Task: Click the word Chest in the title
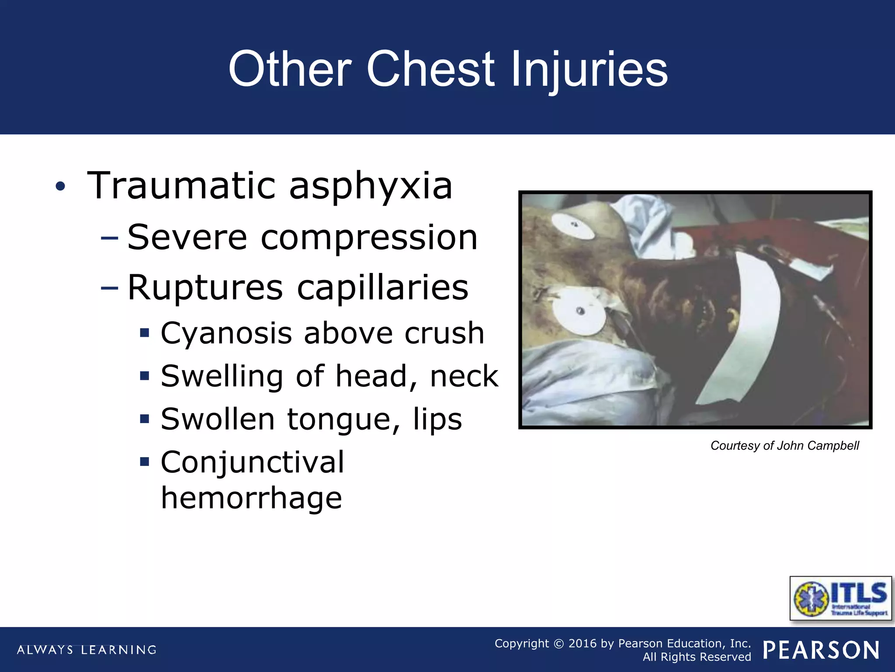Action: pos(430,69)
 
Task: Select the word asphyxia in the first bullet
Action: pos(371,186)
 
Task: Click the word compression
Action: pos(369,238)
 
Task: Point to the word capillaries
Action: pos(382,287)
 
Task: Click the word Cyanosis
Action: pos(226,334)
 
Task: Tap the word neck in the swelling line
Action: pos(464,376)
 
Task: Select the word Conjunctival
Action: pos(253,462)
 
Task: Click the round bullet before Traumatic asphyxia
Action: pos(60,187)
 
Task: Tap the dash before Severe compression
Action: pos(109,238)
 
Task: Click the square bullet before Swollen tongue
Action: pos(145,419)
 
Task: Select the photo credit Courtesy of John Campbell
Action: pos(784,446)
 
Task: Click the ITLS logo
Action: pos(840,598)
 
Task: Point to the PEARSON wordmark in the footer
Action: pos(821,650)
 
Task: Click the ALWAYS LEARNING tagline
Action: pos(87,650)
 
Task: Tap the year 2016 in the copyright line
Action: pos(582,644)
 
